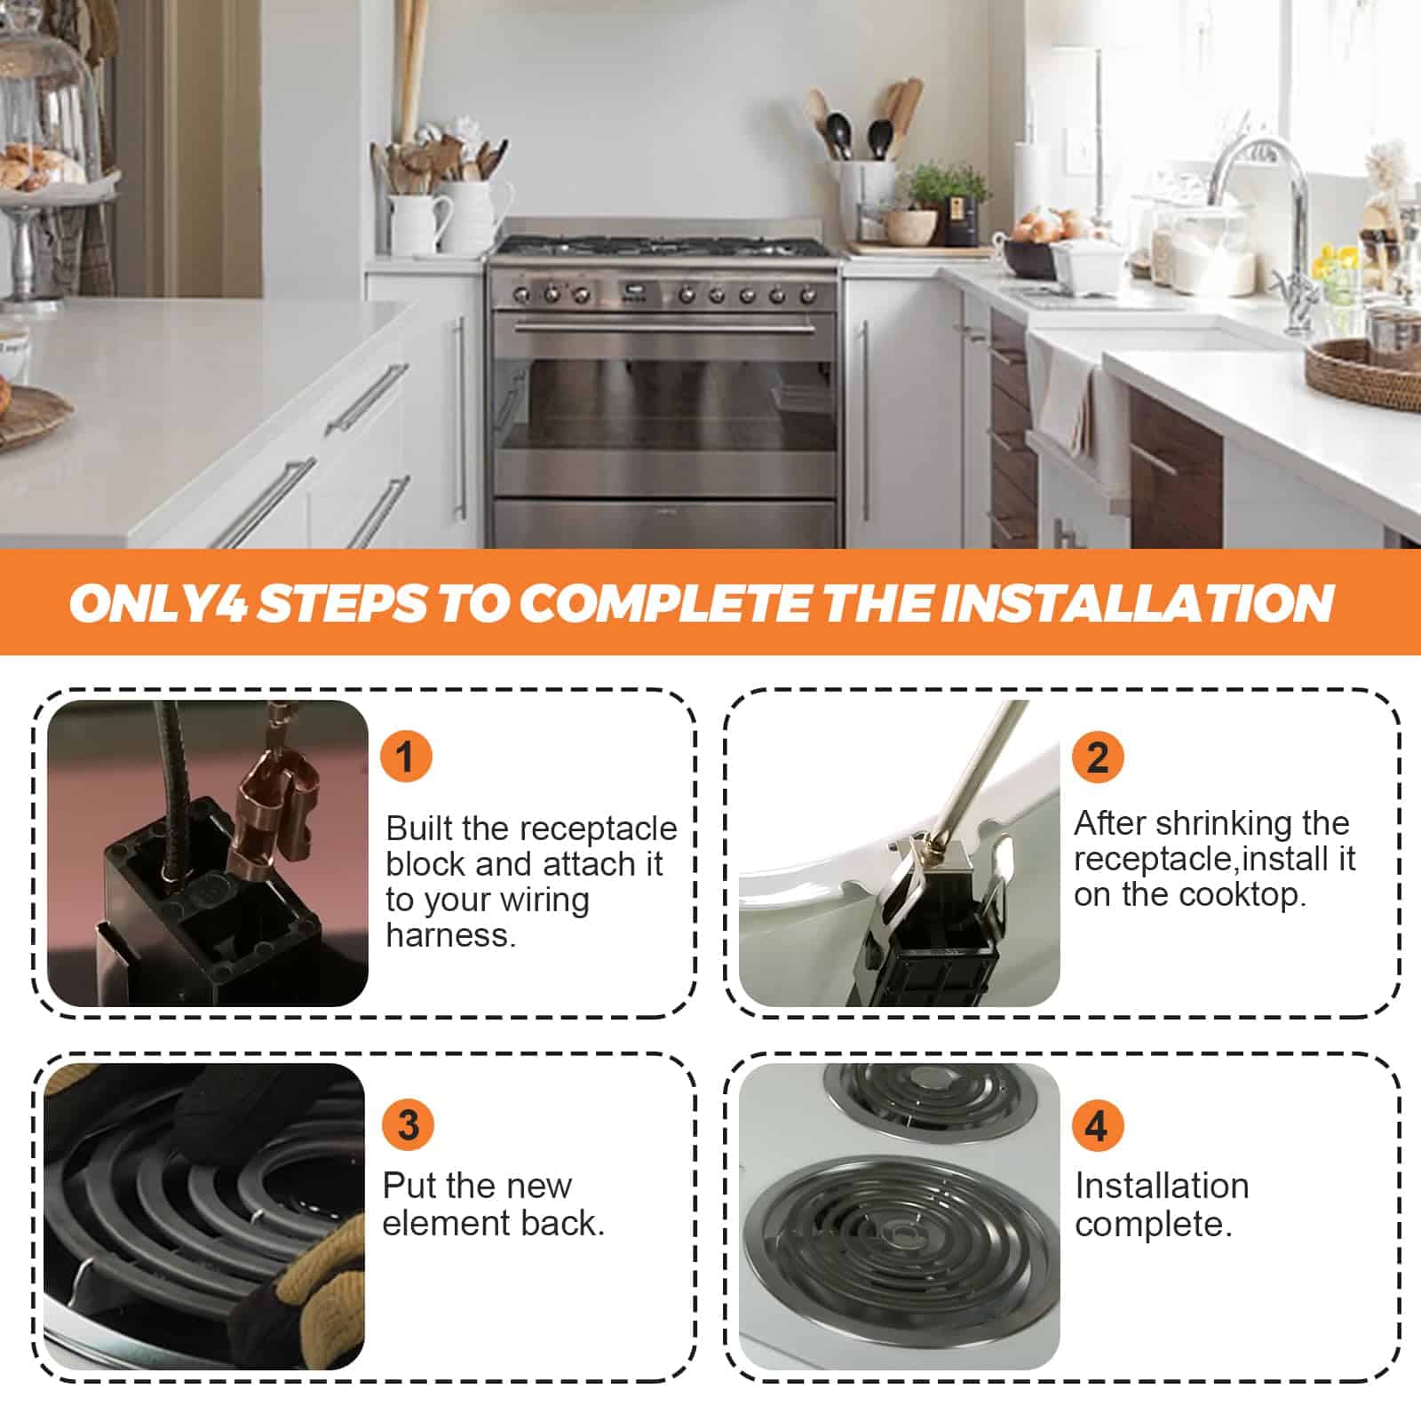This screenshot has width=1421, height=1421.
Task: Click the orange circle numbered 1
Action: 406,757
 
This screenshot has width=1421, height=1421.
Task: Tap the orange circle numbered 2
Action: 1098,757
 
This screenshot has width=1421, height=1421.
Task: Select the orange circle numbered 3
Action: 408,1124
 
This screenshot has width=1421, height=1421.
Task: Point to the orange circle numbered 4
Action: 1097,1125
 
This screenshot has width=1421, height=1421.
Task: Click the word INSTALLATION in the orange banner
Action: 1137,603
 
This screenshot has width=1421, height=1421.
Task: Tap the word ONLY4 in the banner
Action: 158,603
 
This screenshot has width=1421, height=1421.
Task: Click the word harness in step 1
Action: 450,935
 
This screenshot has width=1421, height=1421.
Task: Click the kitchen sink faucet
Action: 1266,222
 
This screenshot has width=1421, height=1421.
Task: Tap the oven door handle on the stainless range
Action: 664,329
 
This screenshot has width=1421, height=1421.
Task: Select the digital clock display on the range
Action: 633,290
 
